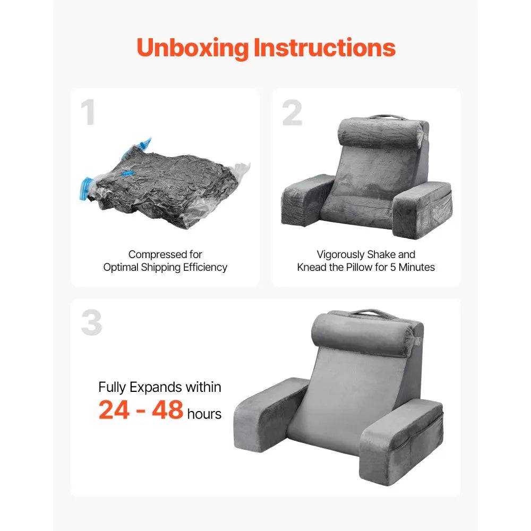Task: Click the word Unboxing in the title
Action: [193, 48]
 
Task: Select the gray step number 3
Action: [91, 323]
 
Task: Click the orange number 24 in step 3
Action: [114, 410]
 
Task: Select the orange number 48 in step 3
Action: [167, 410]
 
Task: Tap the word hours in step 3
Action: [204, 414]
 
